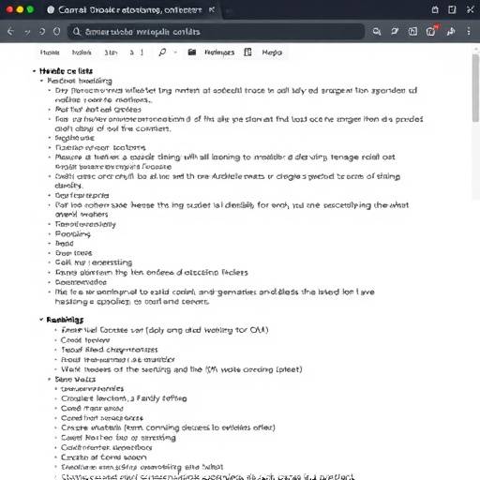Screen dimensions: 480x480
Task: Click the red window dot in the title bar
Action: tap(8, 8)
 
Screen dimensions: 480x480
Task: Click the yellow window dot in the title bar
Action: tap(19, 8)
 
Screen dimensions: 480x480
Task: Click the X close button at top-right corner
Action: tap(466, 8)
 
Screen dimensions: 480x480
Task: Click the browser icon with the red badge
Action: tap(431, 30)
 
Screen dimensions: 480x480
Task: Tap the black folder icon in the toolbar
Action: tap(192, 53)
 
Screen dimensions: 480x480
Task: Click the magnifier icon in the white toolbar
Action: tap(161, 53)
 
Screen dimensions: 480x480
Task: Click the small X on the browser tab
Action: tap(212, 8)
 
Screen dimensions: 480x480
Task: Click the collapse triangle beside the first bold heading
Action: tap(35, 71)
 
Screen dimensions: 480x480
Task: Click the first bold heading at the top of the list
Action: tap(66, 71)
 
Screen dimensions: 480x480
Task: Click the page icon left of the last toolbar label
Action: tap(254, 53)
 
